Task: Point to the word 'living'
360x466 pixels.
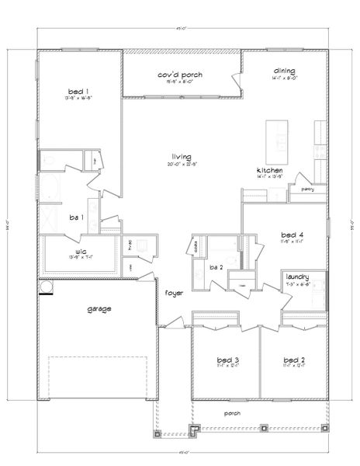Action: pos(182,156)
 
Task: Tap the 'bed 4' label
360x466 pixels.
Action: pos(292,234)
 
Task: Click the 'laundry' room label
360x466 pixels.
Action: pos(298,276)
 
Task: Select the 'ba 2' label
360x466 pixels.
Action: pos(216,267)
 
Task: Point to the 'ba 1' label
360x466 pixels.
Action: pos(75,217)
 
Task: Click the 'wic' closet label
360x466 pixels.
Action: pos(80,251)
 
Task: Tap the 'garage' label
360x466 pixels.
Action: pos(99,308)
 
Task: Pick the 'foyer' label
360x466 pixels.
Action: pos(173,293)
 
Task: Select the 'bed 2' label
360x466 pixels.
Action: pos(292,360)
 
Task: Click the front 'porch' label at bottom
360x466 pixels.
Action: pos(230,413)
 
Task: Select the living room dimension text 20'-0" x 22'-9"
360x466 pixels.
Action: pos(182,165)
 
